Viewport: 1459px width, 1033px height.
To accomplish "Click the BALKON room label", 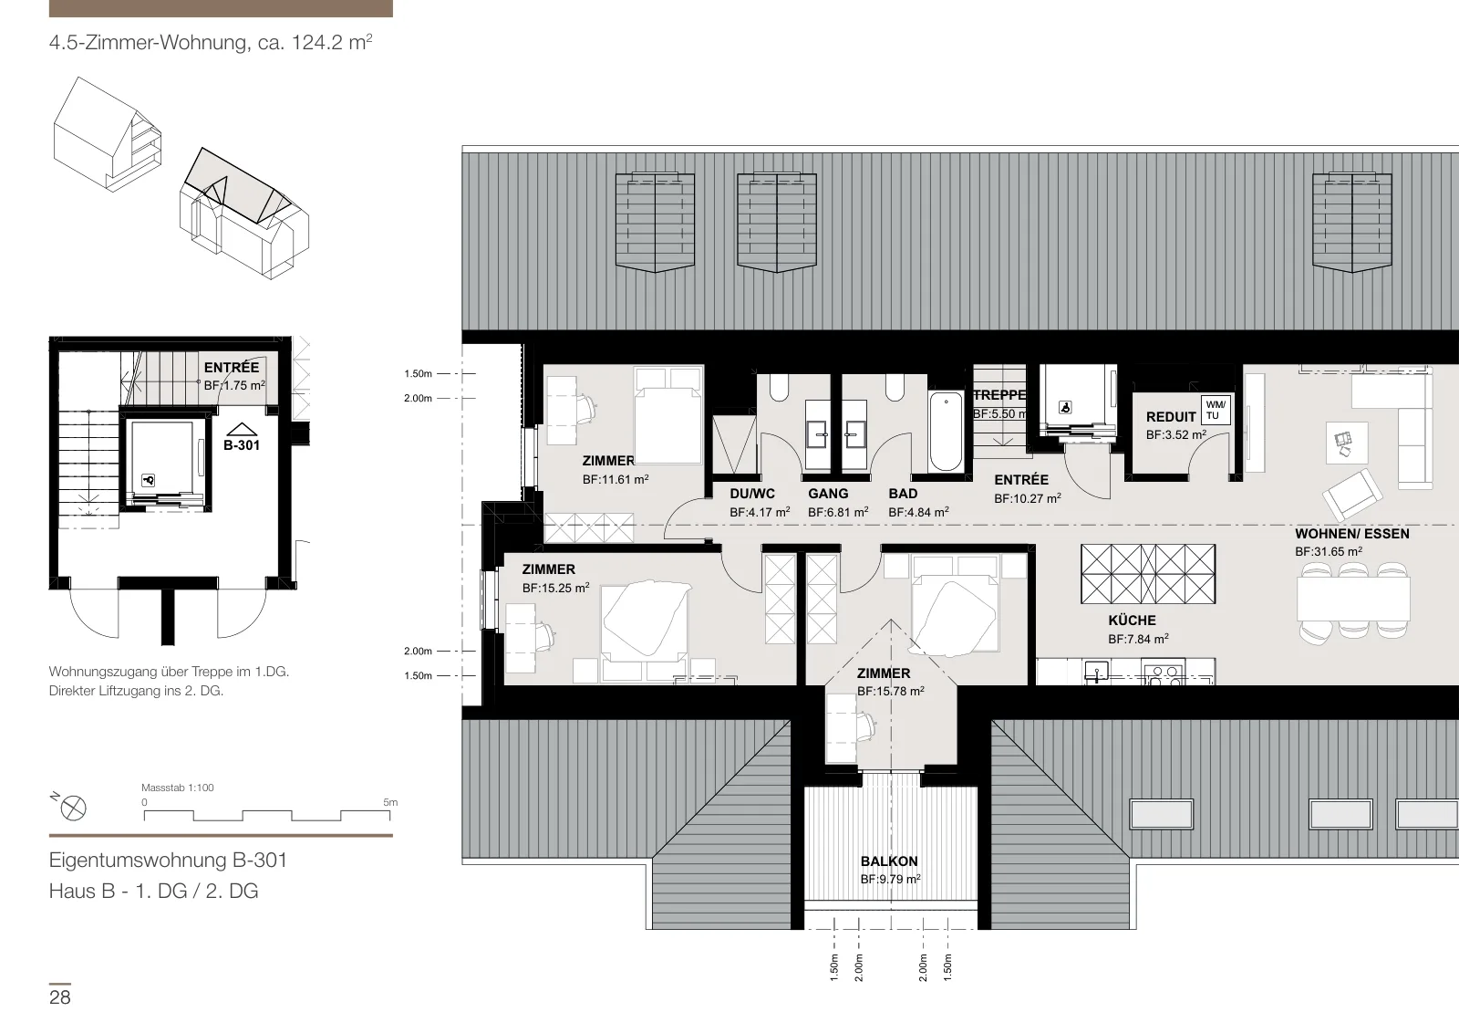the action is [x=888, y=861].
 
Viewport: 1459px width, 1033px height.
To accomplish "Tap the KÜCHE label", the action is [x=1132, y=621].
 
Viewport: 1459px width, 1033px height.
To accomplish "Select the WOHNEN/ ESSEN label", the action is [x=1352, y=534].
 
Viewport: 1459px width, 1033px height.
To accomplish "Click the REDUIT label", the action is [x=1171, y=416].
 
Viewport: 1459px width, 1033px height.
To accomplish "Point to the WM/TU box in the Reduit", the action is [x=1216, y=411].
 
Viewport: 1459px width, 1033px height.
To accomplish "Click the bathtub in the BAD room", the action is [x=946, y=431].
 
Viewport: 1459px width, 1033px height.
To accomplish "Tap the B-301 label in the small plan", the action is [x=242, y=445].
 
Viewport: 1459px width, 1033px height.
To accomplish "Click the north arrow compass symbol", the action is [x=73, y=809].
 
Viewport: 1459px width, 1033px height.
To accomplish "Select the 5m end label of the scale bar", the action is [x=390, y=802].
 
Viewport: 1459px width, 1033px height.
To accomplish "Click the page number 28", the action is [x=60, y=997].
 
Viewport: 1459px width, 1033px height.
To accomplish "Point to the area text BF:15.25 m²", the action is [x=555, y=588].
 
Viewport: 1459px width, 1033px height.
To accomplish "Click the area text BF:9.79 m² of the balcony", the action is [x=890, y=879].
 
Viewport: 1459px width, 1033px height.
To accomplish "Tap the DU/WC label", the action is [x=752, y=494].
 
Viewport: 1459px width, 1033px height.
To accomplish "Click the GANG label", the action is [x=829, y=494].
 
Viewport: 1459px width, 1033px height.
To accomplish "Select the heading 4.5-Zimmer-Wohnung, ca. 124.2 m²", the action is [x=211, y=42].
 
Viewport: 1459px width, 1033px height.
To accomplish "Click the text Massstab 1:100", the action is [x=178, y=788].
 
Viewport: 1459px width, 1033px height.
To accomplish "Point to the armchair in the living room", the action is [x=1352, y=496].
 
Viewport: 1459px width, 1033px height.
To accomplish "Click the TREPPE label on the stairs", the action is [x=999, y=395].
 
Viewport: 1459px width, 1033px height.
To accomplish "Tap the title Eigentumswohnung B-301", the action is [x=168, y=861].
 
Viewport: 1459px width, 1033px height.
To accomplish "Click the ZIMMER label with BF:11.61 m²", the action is [x=608, y=461].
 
